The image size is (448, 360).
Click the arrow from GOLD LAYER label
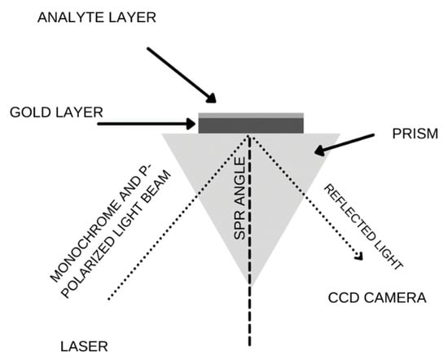click(147, 125)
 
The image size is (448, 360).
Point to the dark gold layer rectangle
click(252, 125)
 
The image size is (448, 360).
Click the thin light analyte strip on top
click(252, 115)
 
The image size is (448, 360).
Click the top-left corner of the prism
click(163, 134)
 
